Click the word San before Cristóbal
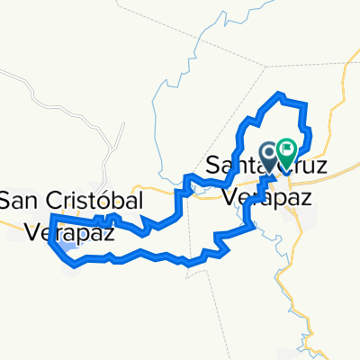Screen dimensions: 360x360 17,197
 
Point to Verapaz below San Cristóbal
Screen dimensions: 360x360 61,230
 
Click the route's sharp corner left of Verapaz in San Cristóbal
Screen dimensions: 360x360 52,217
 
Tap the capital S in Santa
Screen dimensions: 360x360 213,166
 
